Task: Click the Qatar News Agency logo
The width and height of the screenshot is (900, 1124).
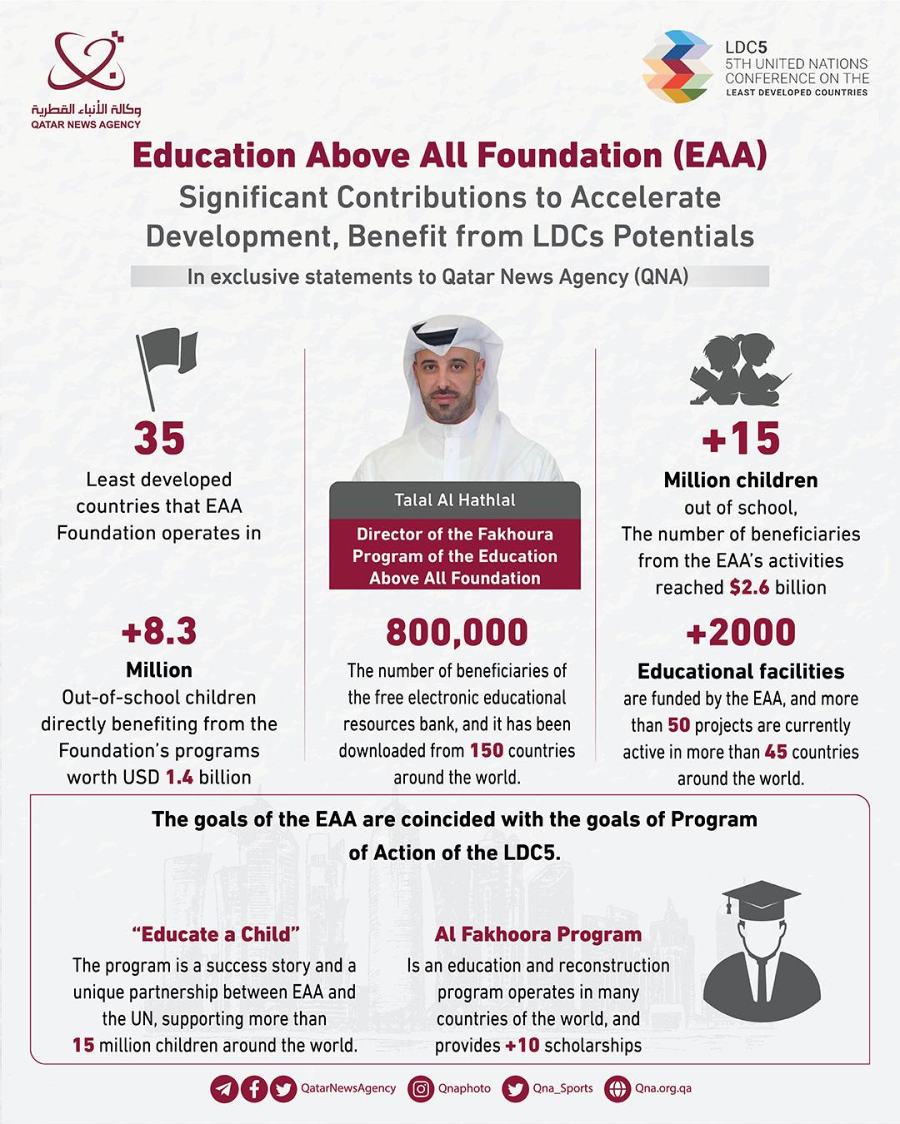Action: point(86,79)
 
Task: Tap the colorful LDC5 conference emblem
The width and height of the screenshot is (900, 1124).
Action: point(677,67)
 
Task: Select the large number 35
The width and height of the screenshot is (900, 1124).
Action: point(159,439)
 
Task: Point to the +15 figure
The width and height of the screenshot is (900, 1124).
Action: point(741,439)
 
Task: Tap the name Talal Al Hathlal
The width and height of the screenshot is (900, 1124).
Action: point(455,500)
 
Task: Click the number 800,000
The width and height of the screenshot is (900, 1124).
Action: point(457,633)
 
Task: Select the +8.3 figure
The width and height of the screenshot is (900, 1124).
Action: point(159,632)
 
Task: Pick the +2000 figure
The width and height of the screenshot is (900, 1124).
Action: point(741,633)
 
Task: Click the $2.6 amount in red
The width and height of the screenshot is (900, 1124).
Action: point(749,588)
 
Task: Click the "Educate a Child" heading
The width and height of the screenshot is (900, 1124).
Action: point(216,934)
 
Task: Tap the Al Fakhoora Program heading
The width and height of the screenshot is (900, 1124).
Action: point(538,934)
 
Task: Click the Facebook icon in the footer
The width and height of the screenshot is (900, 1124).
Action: point(254,1089)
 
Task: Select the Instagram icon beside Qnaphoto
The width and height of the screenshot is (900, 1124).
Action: point(421,1089)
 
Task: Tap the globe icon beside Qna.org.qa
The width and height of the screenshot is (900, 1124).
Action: point(617,1089)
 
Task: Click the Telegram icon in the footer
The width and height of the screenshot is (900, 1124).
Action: point(223,1089)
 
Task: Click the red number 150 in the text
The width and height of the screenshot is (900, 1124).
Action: point(487,751)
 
